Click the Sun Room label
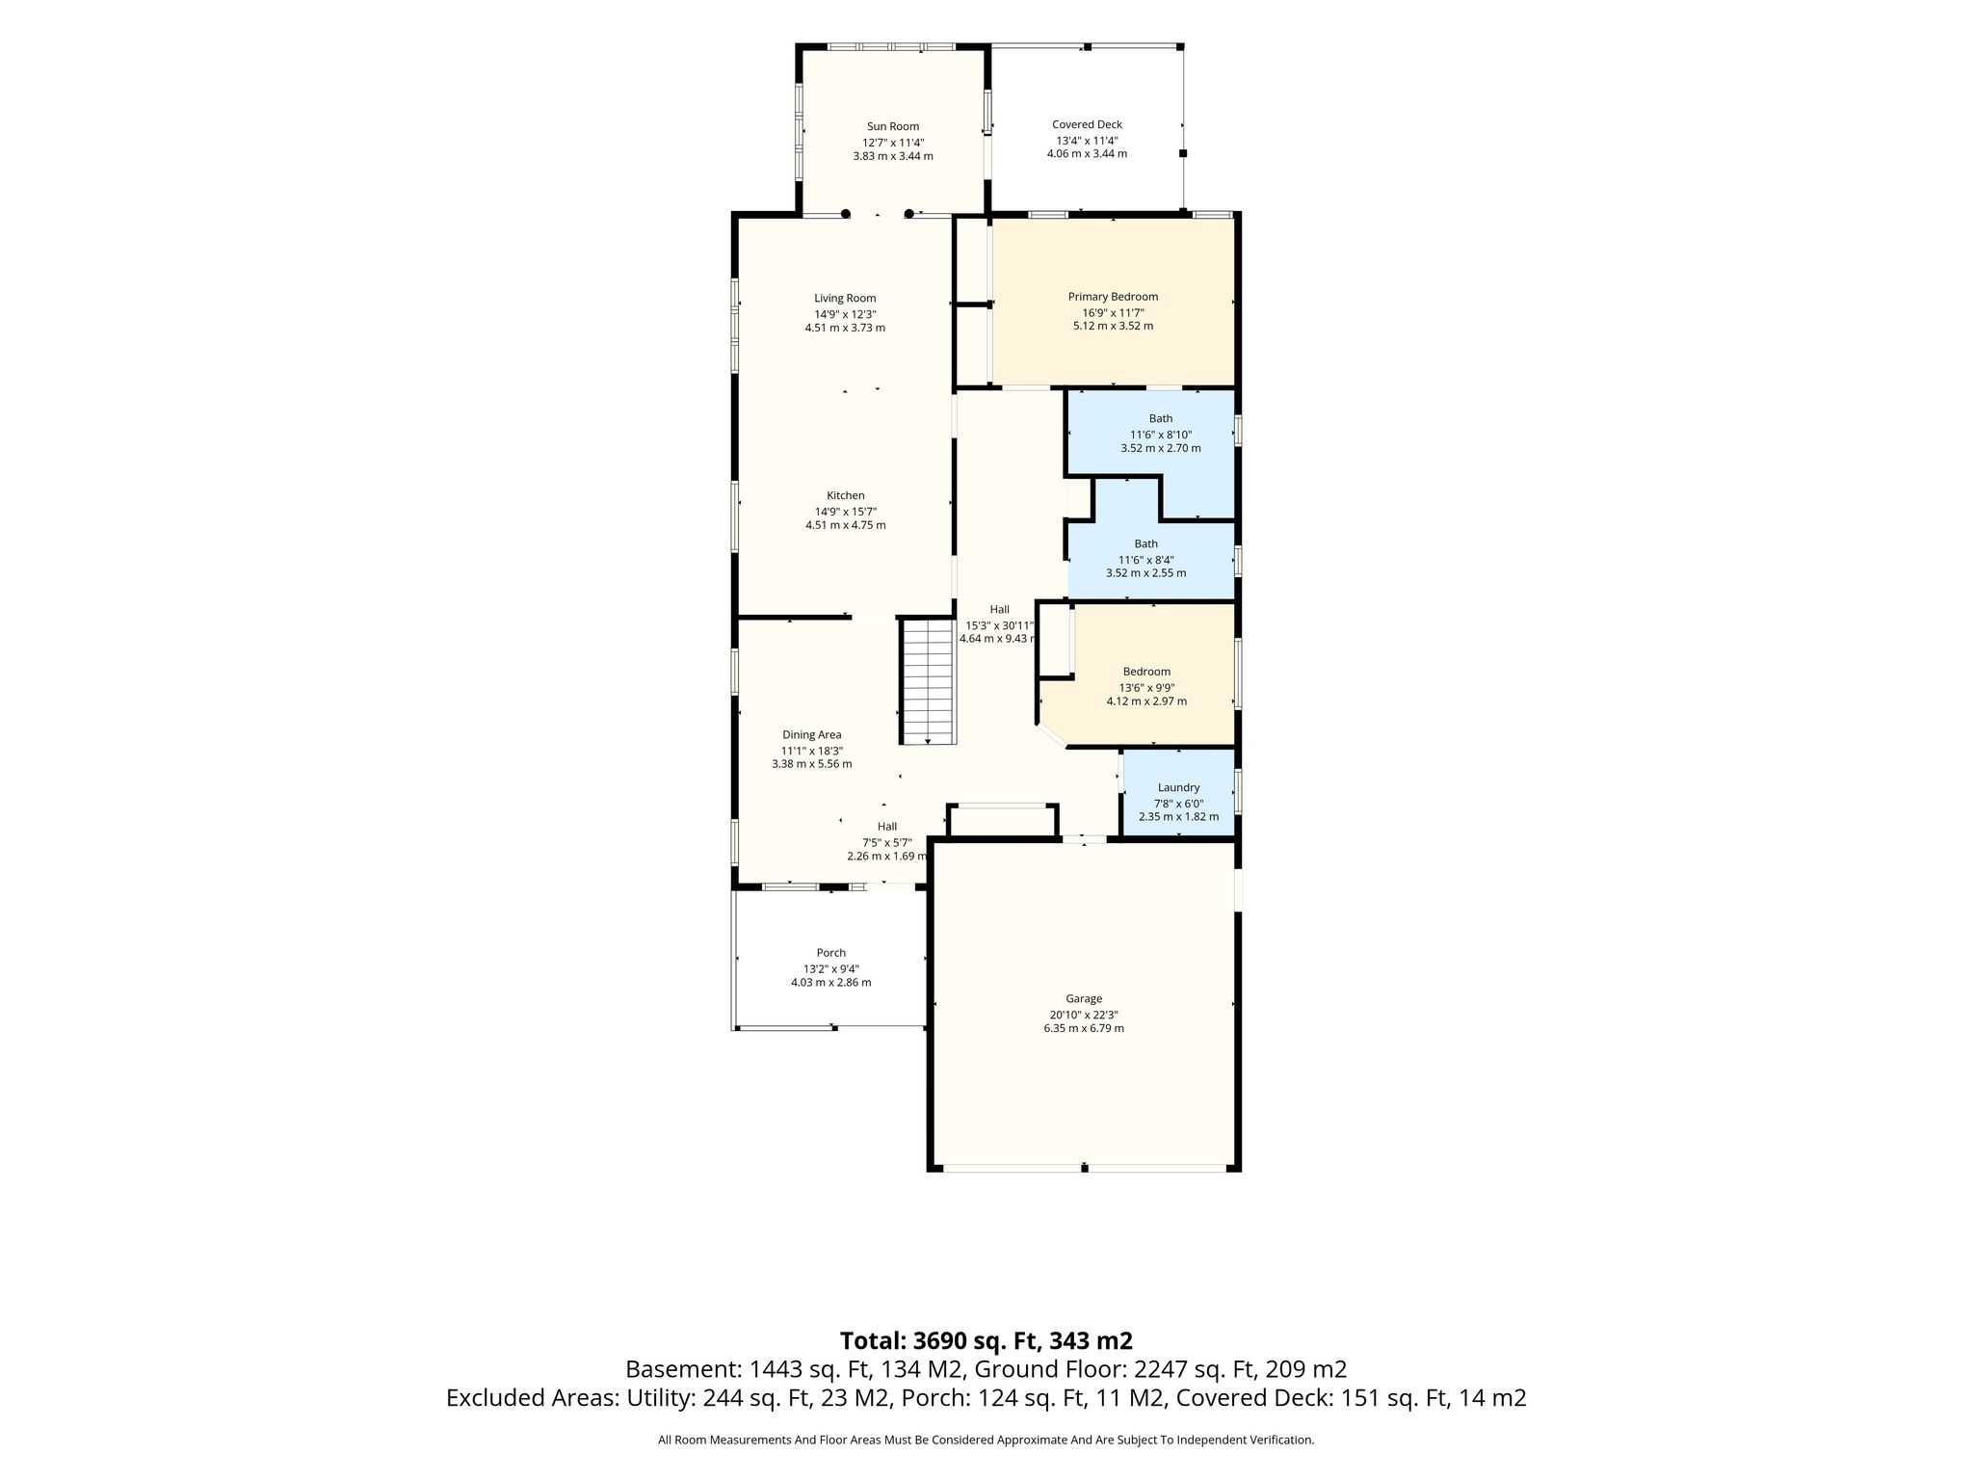point(893,126)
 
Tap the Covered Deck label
point(1087,124)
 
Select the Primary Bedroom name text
point(1113,297)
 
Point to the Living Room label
point(845,299)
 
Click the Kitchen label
point(846,495)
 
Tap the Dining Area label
point(812,735)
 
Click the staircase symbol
point(929,681)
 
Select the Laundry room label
point(1178,788)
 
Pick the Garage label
point(1084,999)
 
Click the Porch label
point(831,953)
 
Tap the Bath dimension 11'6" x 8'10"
point(1161,435)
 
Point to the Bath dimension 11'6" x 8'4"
point(1146,560)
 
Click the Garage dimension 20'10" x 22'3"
point(1084,1015)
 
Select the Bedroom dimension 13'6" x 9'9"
point(1146,688)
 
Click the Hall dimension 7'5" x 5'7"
point(887,842)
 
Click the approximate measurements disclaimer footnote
point(986,1440)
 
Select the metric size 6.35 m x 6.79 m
point(1084,1028)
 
